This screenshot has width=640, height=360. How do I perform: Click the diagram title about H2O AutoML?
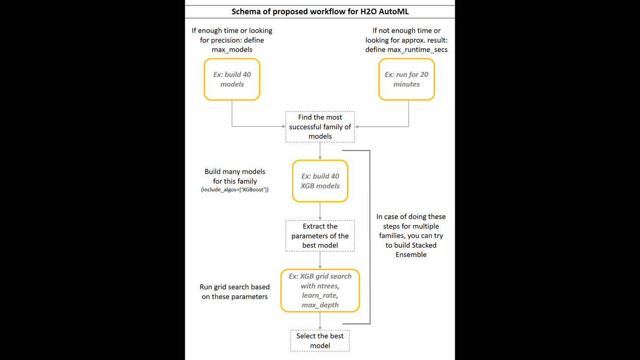320,12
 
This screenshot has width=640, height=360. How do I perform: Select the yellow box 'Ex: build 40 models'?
232,79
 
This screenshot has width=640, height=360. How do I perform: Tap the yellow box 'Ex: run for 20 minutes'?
406,79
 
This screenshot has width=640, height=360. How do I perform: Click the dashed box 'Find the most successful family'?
320,127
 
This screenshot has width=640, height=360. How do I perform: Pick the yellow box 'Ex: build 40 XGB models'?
320,181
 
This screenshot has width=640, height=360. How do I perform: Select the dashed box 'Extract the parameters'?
320,236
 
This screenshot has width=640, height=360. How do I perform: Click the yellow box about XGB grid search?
320,291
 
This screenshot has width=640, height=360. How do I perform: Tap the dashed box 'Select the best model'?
320,341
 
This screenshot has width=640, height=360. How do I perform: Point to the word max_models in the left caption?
232,50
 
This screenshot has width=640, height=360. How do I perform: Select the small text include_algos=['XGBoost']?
235,190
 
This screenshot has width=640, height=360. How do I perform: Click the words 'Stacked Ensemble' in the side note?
411,250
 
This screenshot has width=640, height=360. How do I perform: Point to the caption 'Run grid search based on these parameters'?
235,292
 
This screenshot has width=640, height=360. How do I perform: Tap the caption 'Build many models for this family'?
235,176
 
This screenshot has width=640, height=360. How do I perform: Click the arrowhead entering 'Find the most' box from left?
284,127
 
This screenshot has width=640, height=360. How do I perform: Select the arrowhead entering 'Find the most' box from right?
357,127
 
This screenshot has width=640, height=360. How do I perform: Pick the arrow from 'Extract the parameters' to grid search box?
320,260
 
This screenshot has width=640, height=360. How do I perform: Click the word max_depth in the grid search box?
320,305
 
